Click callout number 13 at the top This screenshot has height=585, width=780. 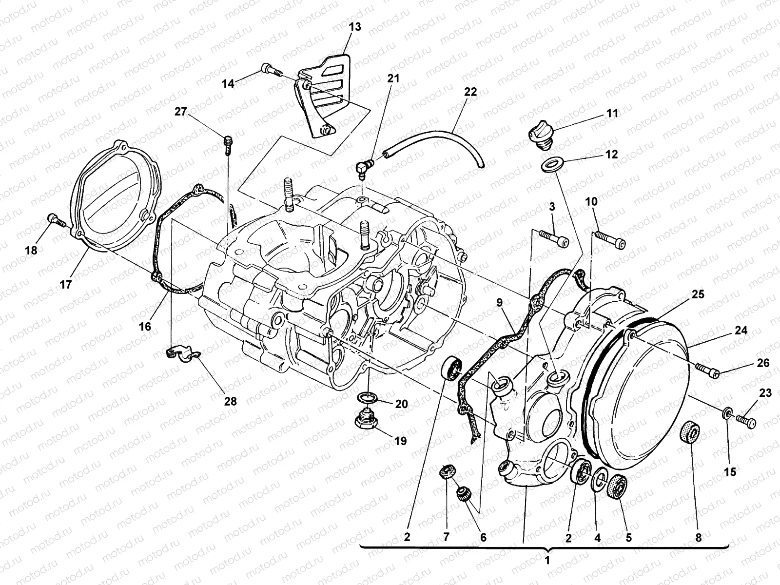(x=355, y=27)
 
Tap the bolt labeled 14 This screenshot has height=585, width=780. (x=271, y=69)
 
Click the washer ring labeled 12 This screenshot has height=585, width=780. (x=551, y=164)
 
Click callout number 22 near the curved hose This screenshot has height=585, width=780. (x=470, y=92)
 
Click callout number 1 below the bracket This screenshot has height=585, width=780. (x=547, y=560)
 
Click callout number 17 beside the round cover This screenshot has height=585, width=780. (x=65, y=284)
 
